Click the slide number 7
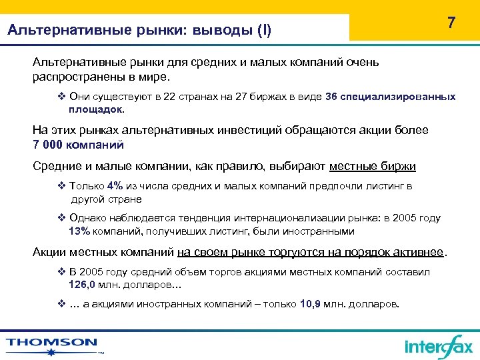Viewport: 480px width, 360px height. (x=451, y=23)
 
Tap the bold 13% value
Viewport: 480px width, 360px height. (x=79, y=231)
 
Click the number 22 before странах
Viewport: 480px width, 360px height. (x=169, y=97)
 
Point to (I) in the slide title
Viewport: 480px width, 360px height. (x=265, y=30)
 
